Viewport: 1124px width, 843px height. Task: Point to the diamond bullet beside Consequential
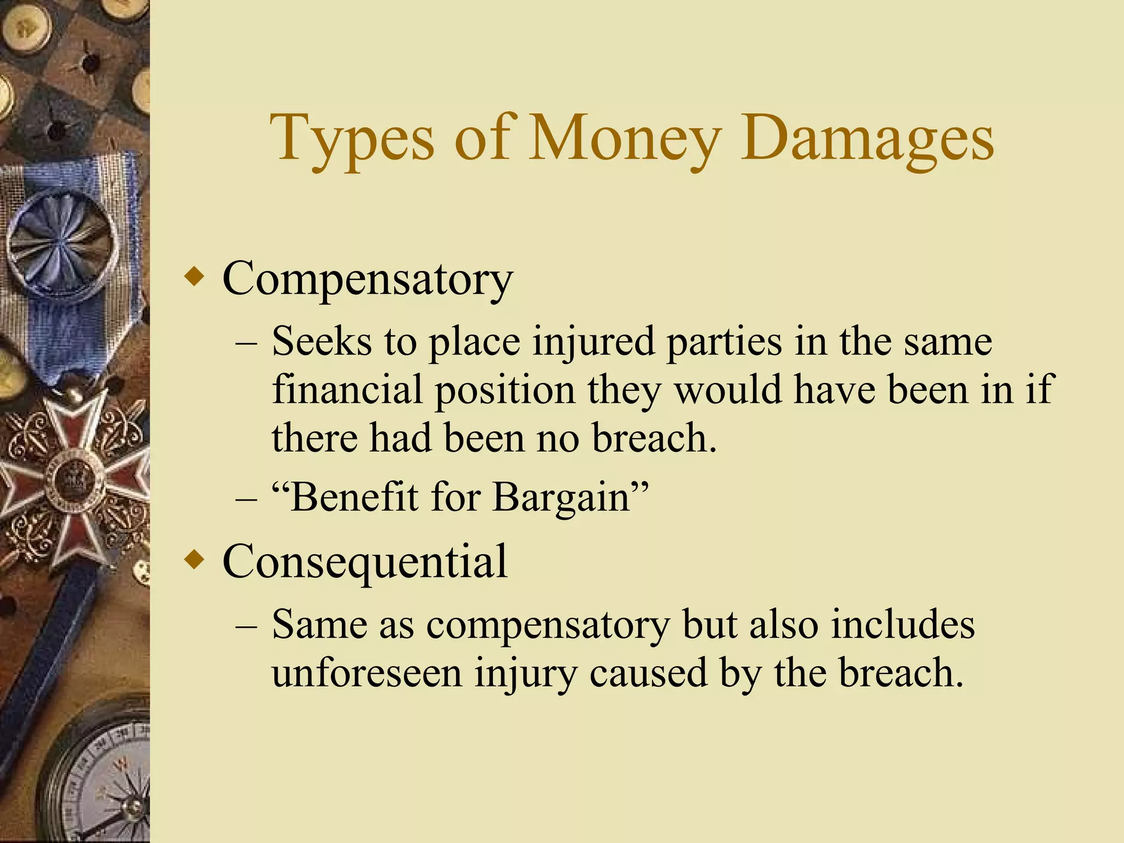click(195, 560)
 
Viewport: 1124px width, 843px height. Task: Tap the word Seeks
click(321, 341)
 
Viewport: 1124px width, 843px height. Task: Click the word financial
click(347, 389)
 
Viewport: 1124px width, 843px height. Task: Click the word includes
click(903, 625)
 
